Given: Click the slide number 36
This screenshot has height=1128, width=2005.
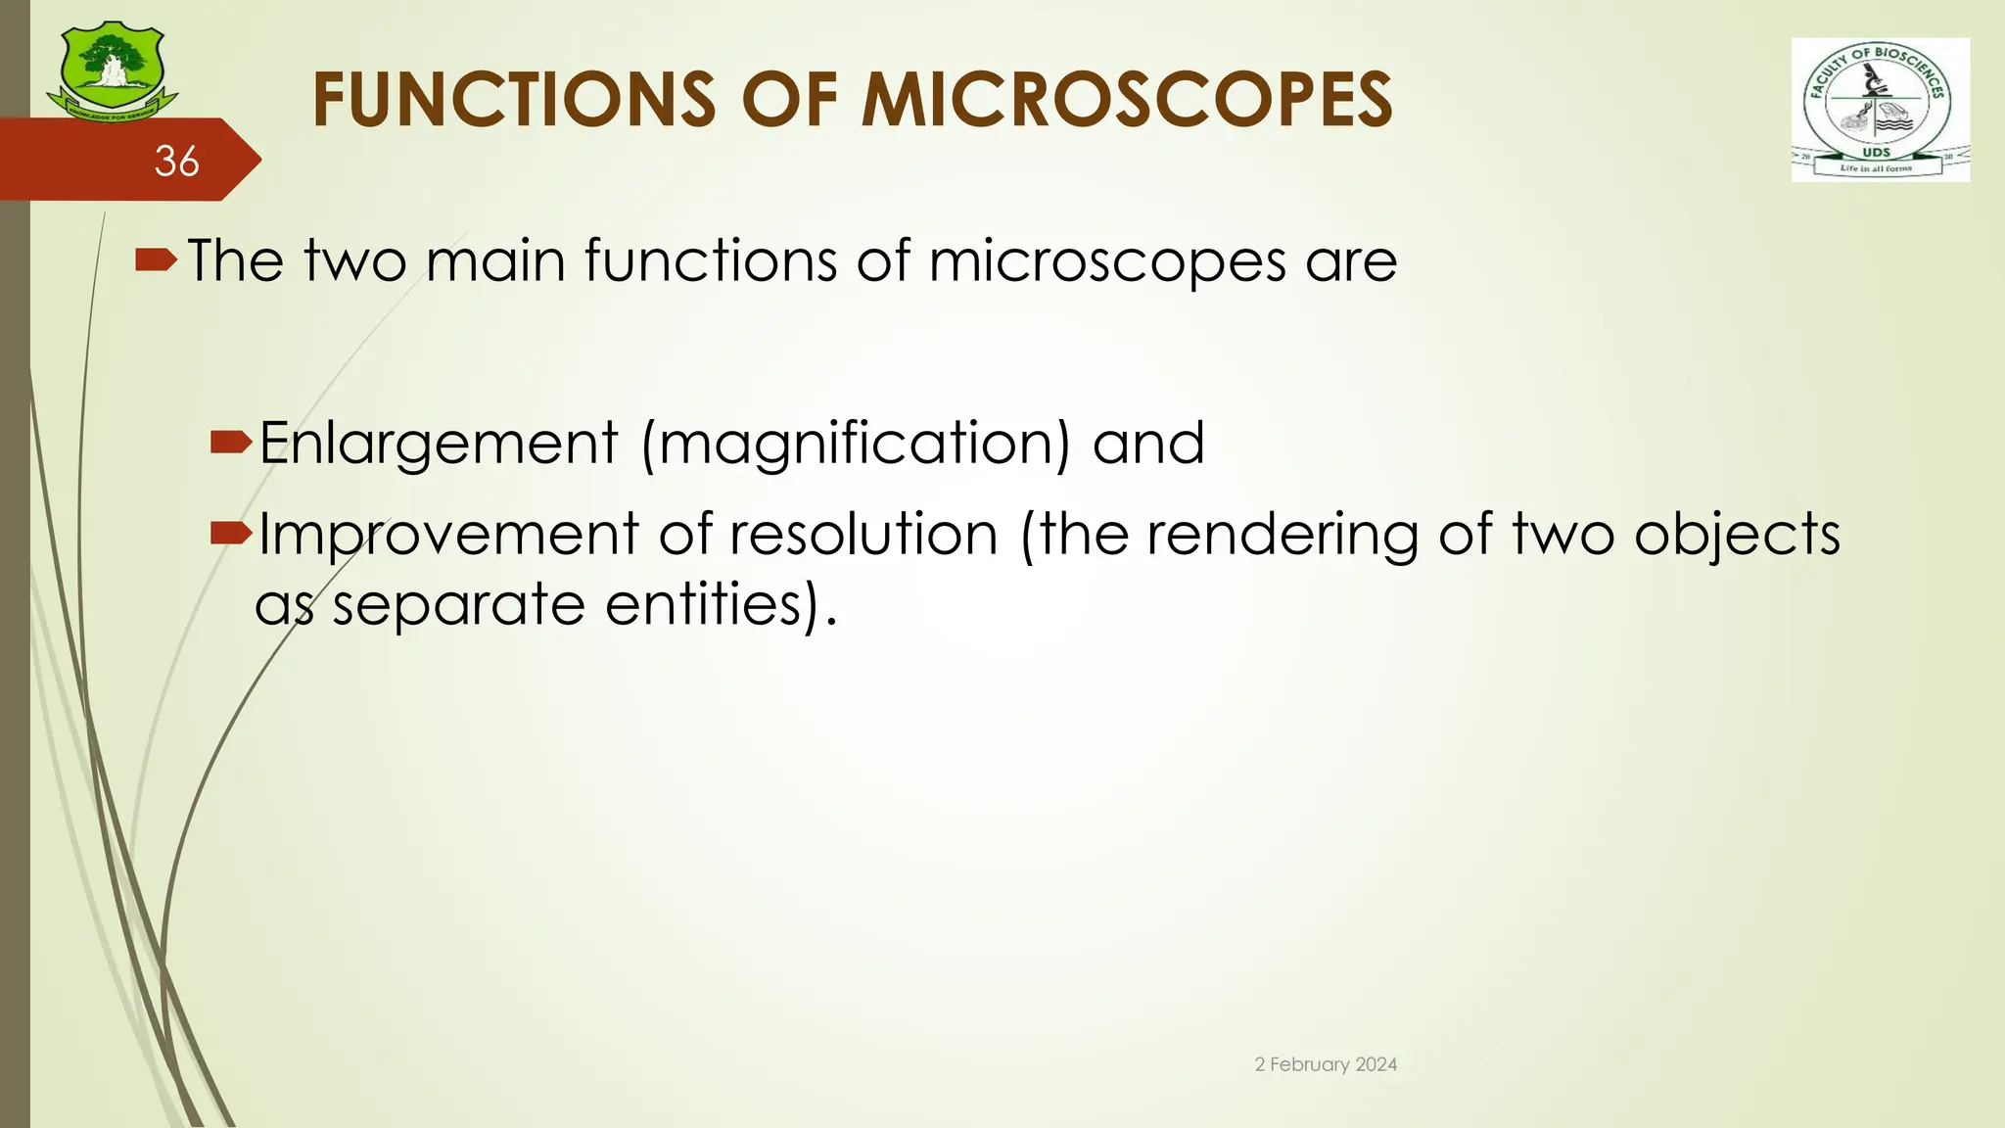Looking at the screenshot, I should (x=177, y=162).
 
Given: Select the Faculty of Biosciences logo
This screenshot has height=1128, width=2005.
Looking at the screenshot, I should (x=1880, y=110).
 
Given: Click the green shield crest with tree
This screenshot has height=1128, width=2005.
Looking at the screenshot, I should (x=112, y=70).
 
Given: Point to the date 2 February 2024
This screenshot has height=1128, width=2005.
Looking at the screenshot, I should (x=1326, y=1064).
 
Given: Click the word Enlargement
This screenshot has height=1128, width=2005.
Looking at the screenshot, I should (x=439, y=444).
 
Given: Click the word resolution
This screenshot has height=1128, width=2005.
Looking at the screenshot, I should (x=863, y=535).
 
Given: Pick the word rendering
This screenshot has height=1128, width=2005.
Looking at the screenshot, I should (x=1282, y=537).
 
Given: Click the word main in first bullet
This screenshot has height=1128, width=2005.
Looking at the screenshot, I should (x=495, y=261).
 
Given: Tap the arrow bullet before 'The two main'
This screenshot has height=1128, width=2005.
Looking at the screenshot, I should (x=156, y=260).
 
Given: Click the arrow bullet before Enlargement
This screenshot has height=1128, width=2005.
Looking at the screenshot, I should (x=232, y=444).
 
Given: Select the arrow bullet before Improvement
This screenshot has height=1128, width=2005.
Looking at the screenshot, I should (x=232, y=534).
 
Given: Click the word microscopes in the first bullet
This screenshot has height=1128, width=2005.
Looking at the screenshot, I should (x=1107, y=262).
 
